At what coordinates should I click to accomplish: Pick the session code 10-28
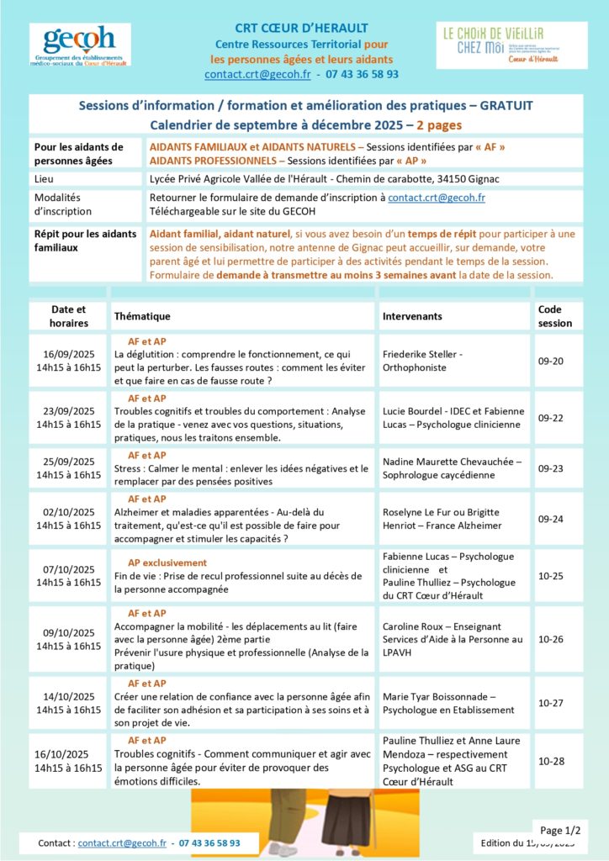[x=551, y=761]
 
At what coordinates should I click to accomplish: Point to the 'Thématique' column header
[x=142, y=316]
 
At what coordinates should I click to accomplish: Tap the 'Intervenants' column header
[x=412, y=316]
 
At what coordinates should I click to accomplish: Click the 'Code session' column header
[x=554, y=316]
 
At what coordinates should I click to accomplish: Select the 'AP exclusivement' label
[x=167, y=563]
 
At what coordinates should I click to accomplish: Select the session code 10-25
[x=551, y=576]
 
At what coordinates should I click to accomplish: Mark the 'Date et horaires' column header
[x=68, y=316]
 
